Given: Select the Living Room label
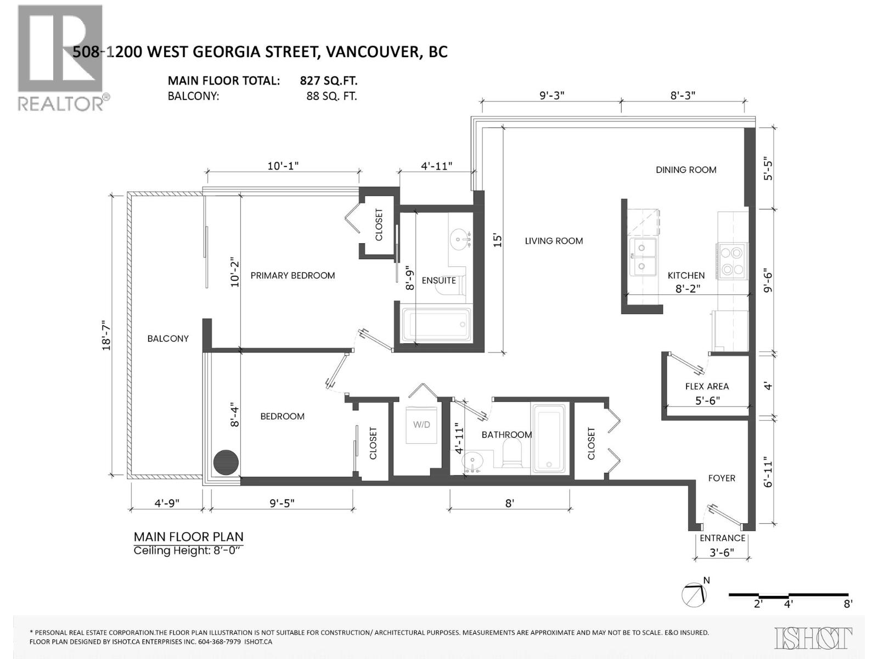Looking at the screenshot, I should pos(554,241).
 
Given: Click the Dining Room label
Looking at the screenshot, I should pos(686,170).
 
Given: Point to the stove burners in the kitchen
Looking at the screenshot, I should pos(732,261).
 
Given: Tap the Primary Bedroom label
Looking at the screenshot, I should pos(292,275).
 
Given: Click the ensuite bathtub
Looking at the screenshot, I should pos(436,325).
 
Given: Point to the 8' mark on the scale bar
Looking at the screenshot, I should pos(848,604).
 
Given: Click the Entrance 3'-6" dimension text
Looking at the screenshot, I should pos(722,552).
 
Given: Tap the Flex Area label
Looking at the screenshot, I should pos(707,386).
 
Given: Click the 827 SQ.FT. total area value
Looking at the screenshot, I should pos(328,81).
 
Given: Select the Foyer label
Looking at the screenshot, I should pos(721,478).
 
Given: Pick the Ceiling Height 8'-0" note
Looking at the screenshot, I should pos(187,550).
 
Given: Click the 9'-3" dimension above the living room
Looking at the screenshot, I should pos(551,95).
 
